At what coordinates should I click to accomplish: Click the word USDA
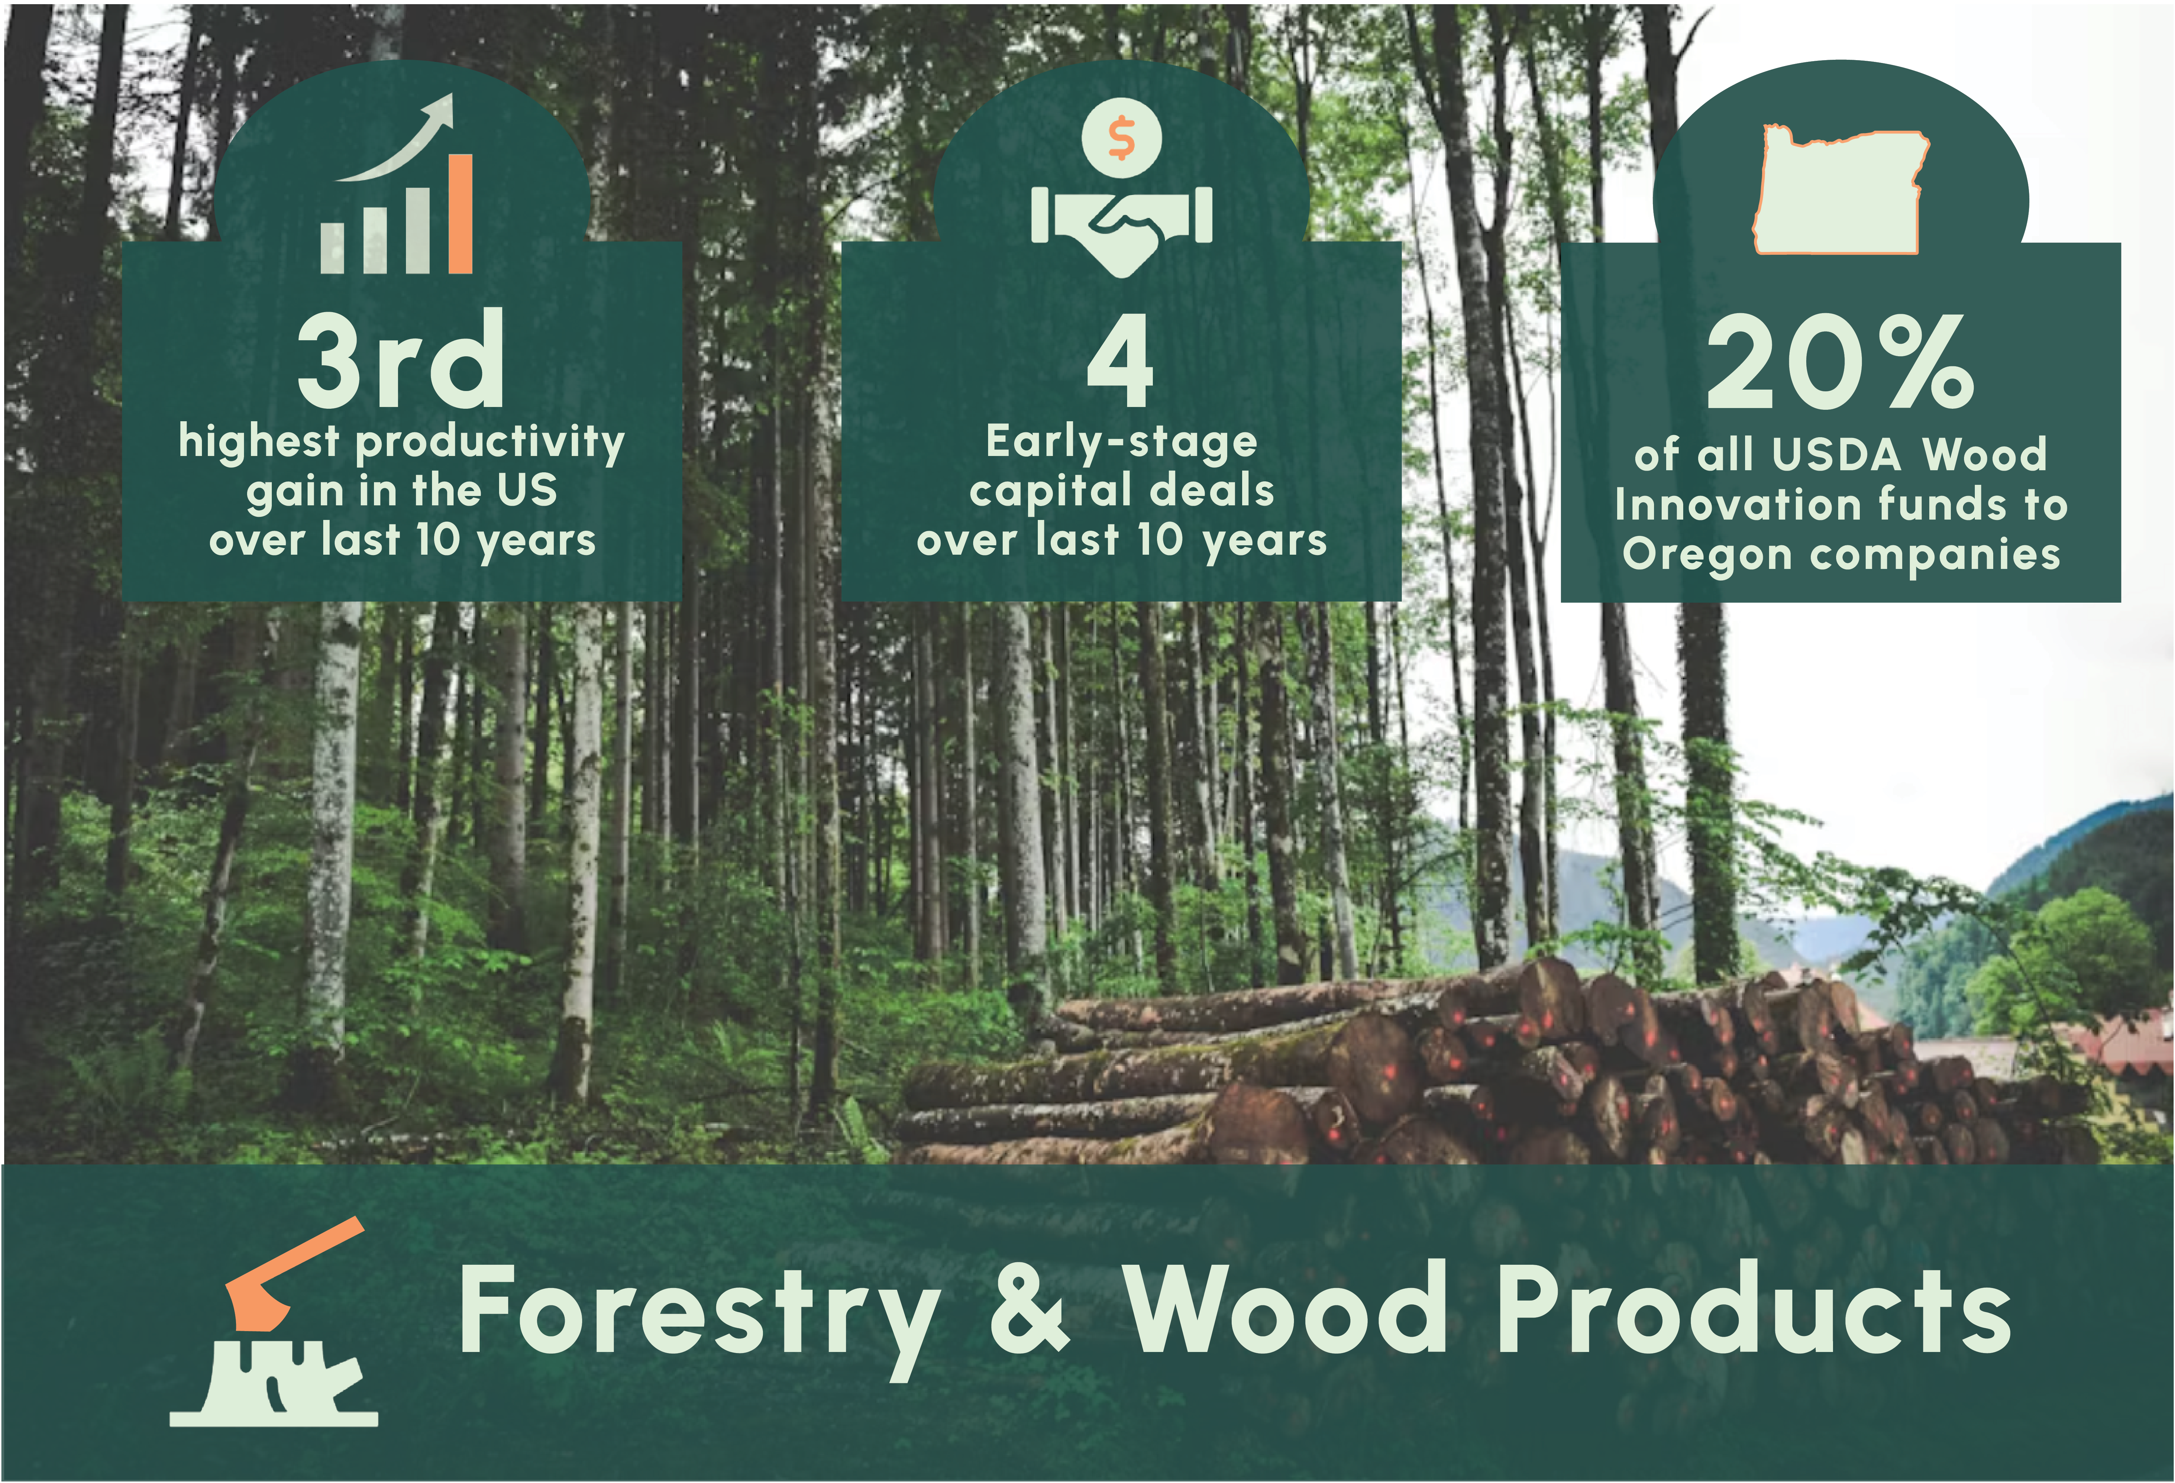(1836, 455)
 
